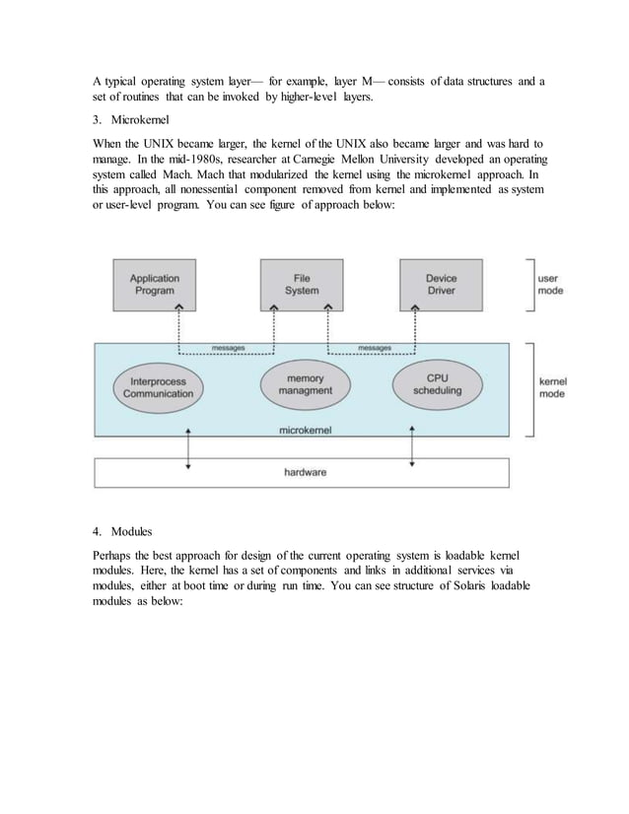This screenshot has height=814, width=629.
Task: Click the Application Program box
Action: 155,285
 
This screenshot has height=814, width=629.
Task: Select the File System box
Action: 302,285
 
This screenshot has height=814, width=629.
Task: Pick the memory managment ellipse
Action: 305,383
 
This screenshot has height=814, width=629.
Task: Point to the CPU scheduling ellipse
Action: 437,383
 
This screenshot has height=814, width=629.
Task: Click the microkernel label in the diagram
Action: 304,431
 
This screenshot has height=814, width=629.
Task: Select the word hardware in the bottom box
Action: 306,473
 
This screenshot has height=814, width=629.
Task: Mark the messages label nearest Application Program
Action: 229,348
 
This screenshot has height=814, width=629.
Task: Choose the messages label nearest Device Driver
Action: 374,348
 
